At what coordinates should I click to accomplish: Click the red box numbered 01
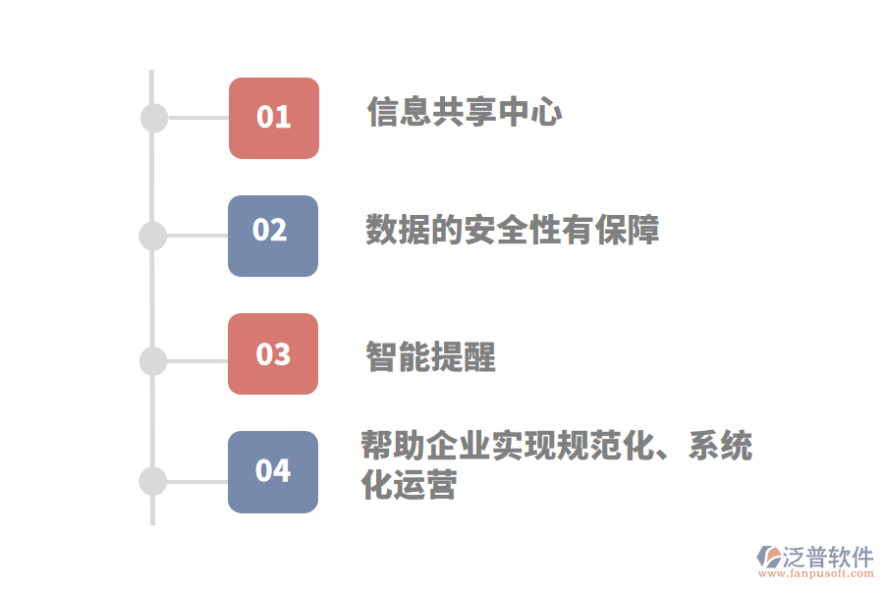274,119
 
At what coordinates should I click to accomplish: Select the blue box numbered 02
273,237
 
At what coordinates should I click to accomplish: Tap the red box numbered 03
273,354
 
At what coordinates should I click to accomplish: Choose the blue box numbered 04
273,472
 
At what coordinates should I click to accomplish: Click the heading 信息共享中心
465,112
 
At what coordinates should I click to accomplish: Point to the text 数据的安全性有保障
513,230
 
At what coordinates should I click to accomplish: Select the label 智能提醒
431,356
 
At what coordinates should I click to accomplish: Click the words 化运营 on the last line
409,484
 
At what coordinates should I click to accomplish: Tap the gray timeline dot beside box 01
154,119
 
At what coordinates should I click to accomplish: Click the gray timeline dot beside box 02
153,237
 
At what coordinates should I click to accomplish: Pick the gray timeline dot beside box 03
153,361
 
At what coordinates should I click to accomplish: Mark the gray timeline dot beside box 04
153,481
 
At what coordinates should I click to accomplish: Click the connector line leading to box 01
198,118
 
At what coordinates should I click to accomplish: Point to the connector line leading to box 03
197,360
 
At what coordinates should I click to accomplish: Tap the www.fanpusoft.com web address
816,573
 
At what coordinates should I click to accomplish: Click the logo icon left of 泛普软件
769,557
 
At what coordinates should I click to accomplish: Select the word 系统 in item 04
721,446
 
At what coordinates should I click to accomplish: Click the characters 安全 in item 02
496,230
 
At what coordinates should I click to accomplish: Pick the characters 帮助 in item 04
393,446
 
